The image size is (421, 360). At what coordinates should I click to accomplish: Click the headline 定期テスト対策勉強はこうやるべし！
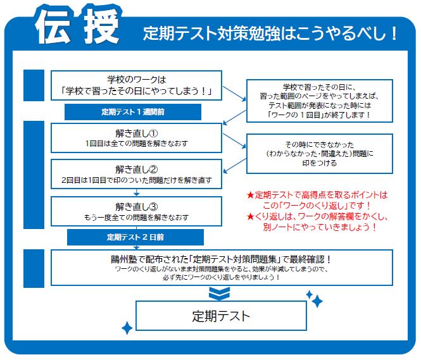click(270, 33)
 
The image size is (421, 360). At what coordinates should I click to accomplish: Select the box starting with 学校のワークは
click(136, 86)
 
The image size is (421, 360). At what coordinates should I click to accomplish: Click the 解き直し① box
click(136, 137)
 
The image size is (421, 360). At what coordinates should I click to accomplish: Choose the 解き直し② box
click(136, 174)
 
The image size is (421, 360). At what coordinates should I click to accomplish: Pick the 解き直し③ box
click(136, 211)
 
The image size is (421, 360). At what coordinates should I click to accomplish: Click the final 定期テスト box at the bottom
click(221, 315)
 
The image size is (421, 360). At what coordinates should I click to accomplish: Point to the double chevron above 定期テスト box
click(218, 293)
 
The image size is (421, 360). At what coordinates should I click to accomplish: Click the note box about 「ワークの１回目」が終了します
click(319, 101)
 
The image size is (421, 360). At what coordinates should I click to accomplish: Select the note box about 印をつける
click(319, 152)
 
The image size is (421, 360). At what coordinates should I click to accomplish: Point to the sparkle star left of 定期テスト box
click(127, 328)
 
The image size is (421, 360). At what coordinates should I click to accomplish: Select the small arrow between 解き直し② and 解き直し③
click(137, 192)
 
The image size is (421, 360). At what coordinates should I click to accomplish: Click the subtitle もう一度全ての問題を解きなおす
click(136, 217)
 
